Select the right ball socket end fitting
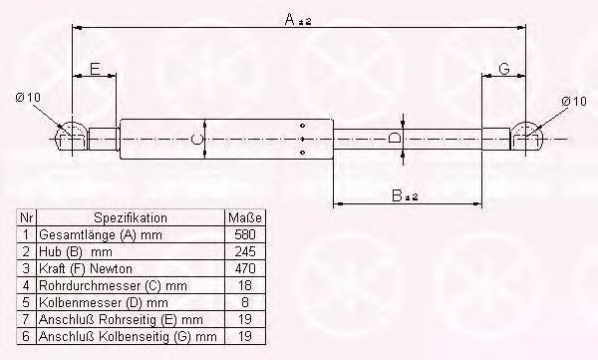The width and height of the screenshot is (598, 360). coord(528,137)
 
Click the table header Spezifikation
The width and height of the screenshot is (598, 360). coord(131,217)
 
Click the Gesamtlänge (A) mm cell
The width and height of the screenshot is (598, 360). coord(100,234)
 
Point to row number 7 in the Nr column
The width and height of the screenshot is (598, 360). coord(27,320)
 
